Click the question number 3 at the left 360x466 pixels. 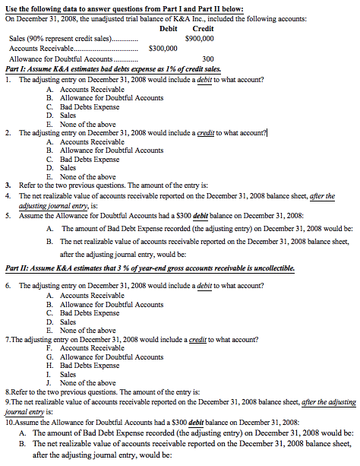7,185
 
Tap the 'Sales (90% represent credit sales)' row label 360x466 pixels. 61,37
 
